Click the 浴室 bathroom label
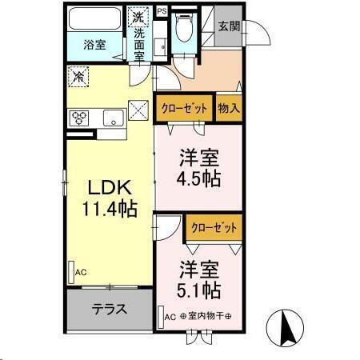(94, 44)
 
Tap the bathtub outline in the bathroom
(94, 18)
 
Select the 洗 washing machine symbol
(139, 18)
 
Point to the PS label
(162, 11)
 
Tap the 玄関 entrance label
(228, 26)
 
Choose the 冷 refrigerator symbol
(79, 78)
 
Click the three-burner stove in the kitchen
(81, 118)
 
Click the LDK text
(108, 189)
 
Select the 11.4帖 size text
(108, 210)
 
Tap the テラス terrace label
(109, 309)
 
